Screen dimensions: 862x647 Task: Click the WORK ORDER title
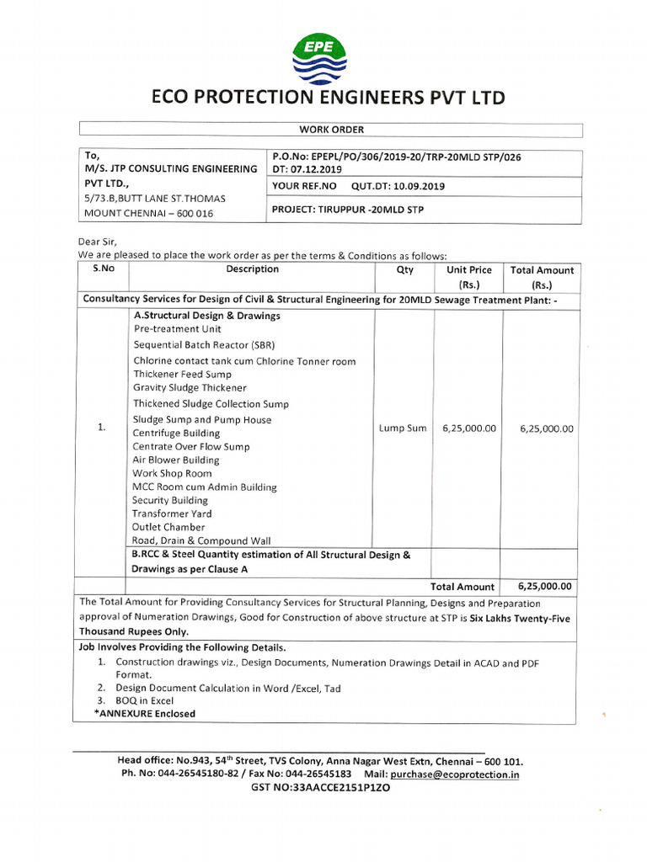(x=330, y=130)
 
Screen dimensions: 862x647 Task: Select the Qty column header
(x=404, y=270)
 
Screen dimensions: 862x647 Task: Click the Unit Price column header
(x=469, y=270)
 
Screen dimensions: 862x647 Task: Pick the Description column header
(x=252, y=269)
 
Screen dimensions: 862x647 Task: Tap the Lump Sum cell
(x=404, y=428)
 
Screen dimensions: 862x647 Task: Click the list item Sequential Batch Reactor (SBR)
(x=204, y=345)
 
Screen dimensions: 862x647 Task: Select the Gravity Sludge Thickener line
(x=190, y=388)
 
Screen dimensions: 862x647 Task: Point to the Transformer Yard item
(x=172, y=513)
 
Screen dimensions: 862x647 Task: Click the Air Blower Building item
(x=175, y=460)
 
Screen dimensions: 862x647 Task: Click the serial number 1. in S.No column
(x=101, y=428)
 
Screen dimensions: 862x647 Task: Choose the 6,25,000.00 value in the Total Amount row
(x=545, y=587)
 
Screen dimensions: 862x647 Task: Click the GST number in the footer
(x=321, y=788)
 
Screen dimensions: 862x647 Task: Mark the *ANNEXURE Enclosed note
(x=145, y=714)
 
